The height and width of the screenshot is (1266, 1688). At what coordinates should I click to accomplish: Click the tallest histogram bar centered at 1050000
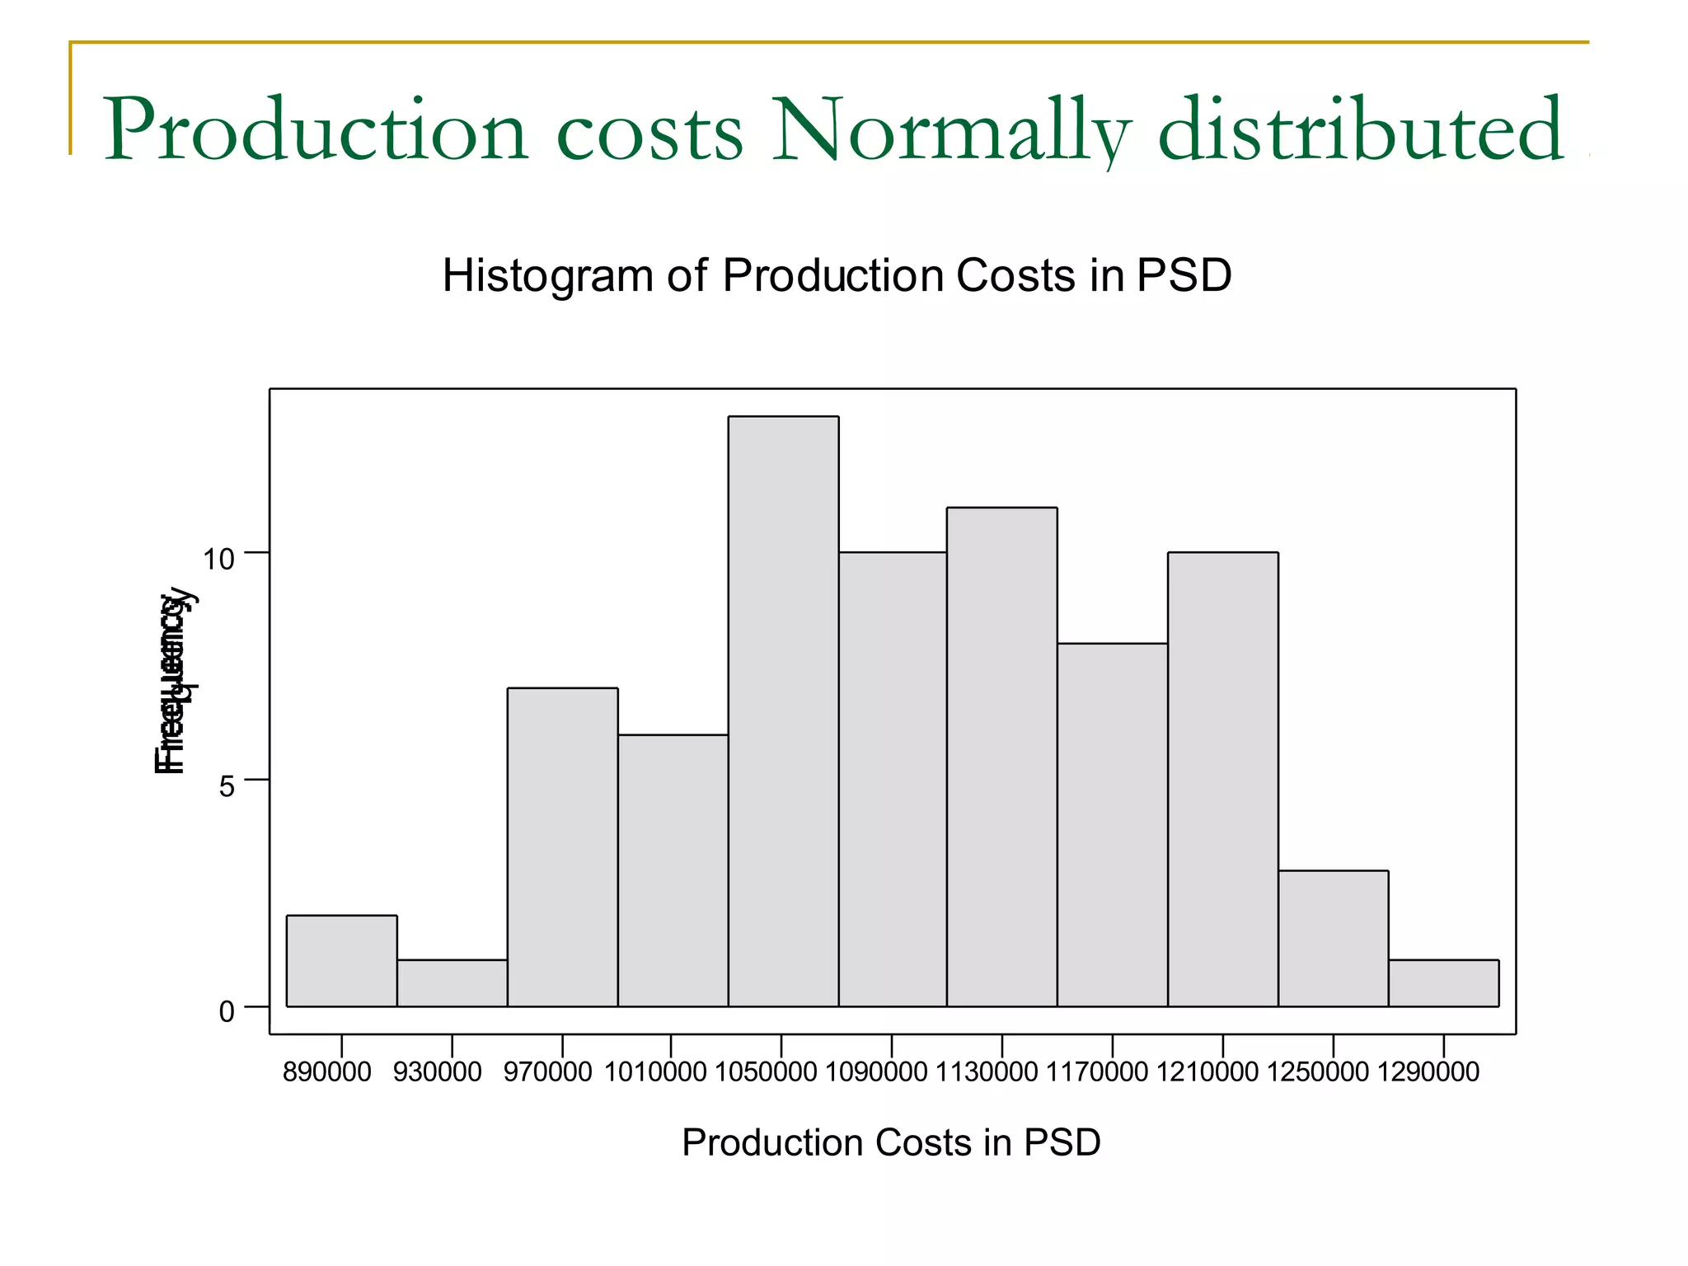coord(783,711)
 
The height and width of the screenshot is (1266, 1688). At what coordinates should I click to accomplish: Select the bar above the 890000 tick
coord(341,961)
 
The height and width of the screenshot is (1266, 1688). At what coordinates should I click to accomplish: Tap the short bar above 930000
coord(452,983)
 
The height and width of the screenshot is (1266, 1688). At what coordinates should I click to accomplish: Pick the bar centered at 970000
coord(562,847)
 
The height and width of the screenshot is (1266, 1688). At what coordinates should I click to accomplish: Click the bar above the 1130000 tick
coord(1001,757)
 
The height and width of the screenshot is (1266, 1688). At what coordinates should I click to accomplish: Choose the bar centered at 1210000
coord(1222,779)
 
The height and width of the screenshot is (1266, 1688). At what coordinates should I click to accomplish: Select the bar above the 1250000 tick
coord(1333,938)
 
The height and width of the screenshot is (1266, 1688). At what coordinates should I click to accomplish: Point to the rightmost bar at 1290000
coord(1443,983)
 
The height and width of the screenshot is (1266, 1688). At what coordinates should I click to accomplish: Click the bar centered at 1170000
coord(1112,824)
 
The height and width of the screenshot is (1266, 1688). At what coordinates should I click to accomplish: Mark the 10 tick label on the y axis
coord(218,560)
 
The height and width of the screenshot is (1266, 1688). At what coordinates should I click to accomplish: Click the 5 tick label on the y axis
coord(227,786)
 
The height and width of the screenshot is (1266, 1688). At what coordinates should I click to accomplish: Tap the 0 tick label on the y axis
coord(227,1011)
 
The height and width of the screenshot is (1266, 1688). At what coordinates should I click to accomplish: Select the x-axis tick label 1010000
coord(655,1072)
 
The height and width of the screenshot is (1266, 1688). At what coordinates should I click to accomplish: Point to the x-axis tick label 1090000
coord(876,1072)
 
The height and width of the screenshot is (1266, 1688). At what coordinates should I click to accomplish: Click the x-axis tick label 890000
coord(326,1072)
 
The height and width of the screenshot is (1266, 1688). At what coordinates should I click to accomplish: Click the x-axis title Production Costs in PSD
coord(891,1143)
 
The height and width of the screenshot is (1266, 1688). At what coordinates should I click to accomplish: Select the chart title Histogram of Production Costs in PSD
coord(837,275)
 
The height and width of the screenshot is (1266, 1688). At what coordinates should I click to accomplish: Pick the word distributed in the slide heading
coord(1360,131)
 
